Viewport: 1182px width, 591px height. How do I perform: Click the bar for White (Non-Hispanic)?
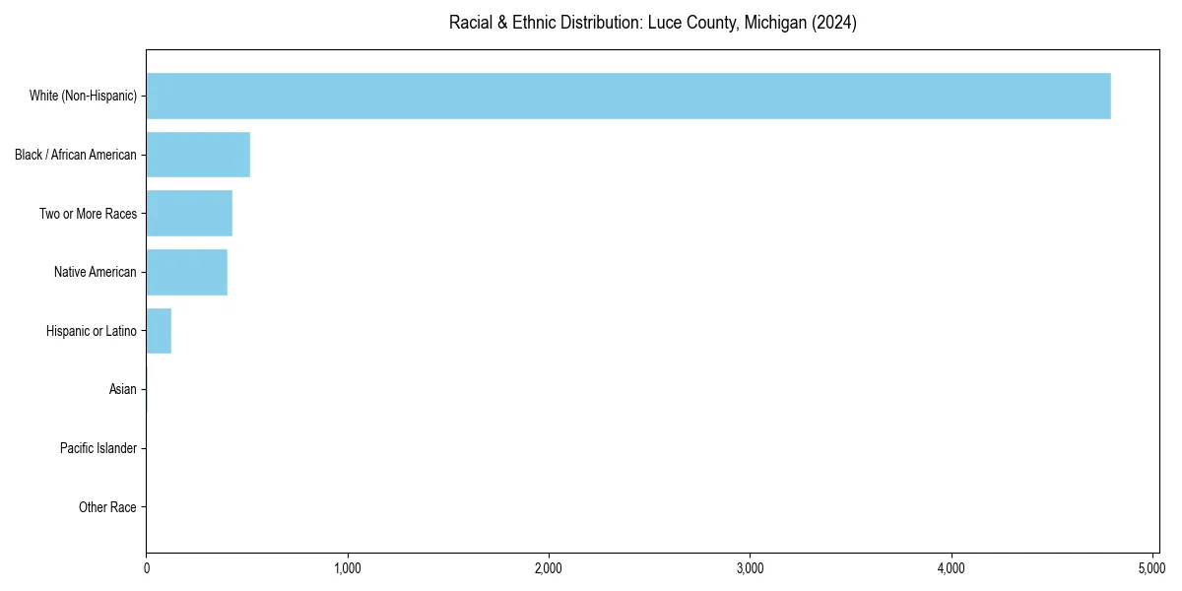[x=628, y=96]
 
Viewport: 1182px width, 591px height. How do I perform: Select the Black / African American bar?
[x=198, y=155]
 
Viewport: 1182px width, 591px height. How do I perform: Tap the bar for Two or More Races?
[x=189, y=214]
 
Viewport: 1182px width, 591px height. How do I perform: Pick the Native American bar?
[x=186, y=272]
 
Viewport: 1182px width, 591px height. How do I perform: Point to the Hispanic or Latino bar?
[x=159, y=331]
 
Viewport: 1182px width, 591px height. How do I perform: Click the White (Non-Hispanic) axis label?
[x=83, y=96]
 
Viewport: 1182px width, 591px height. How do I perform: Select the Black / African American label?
[x=76, y=155]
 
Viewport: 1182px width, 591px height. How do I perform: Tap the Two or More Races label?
[x=88, y=214]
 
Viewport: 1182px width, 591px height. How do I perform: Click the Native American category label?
[x=96, y=272]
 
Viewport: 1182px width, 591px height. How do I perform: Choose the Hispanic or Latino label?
[x=92, y=331]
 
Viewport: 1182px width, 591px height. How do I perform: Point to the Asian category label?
[x=123, y=390]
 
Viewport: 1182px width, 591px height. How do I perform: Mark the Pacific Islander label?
[x=98, y=449]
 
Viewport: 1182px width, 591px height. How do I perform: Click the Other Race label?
[x=107, y=508]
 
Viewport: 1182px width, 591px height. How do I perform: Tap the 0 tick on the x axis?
[x=147, y=568]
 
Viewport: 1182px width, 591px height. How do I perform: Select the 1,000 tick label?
[x=348, y=568]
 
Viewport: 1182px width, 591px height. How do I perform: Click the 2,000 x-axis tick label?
[x=549, y=568]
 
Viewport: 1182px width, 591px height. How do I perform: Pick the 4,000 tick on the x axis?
[x=952, y=568]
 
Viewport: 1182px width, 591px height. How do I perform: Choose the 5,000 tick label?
[x=1152, y=568]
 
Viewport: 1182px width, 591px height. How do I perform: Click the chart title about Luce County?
[x=652, y=23]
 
